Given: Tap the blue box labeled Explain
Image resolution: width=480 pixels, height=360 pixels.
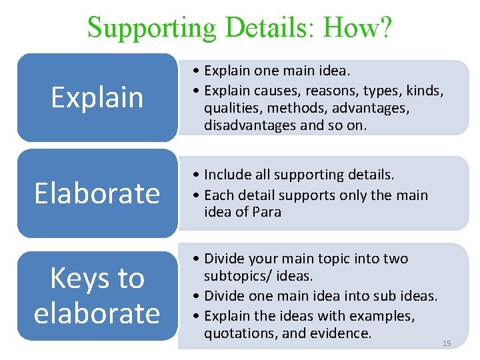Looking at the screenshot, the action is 97,97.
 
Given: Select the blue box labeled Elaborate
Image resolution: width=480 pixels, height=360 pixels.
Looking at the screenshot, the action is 97,193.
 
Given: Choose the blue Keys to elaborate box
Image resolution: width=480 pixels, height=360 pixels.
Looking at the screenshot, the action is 97,295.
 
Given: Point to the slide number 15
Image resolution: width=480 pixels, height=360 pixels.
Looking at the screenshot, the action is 447,343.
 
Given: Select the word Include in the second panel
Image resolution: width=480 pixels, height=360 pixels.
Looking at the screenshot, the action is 227,175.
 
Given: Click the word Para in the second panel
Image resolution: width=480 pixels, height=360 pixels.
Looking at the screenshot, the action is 267,212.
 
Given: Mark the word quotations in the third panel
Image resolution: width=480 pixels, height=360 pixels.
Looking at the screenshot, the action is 237,333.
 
